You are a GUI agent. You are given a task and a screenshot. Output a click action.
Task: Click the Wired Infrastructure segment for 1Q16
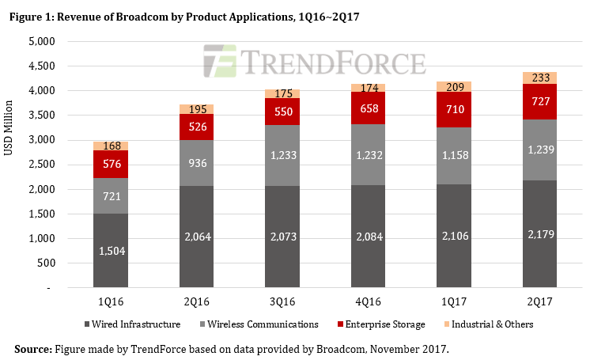pyautogui.click(x=110, y=250)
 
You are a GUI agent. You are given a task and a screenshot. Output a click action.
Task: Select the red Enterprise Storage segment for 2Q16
pyautogui.click(x=196, y=127)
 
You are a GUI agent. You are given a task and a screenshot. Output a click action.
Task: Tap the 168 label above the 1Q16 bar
pyautogui.click(x=110, y=146)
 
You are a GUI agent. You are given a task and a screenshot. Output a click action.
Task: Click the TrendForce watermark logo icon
pyautogui.click(x=217, y=61)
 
